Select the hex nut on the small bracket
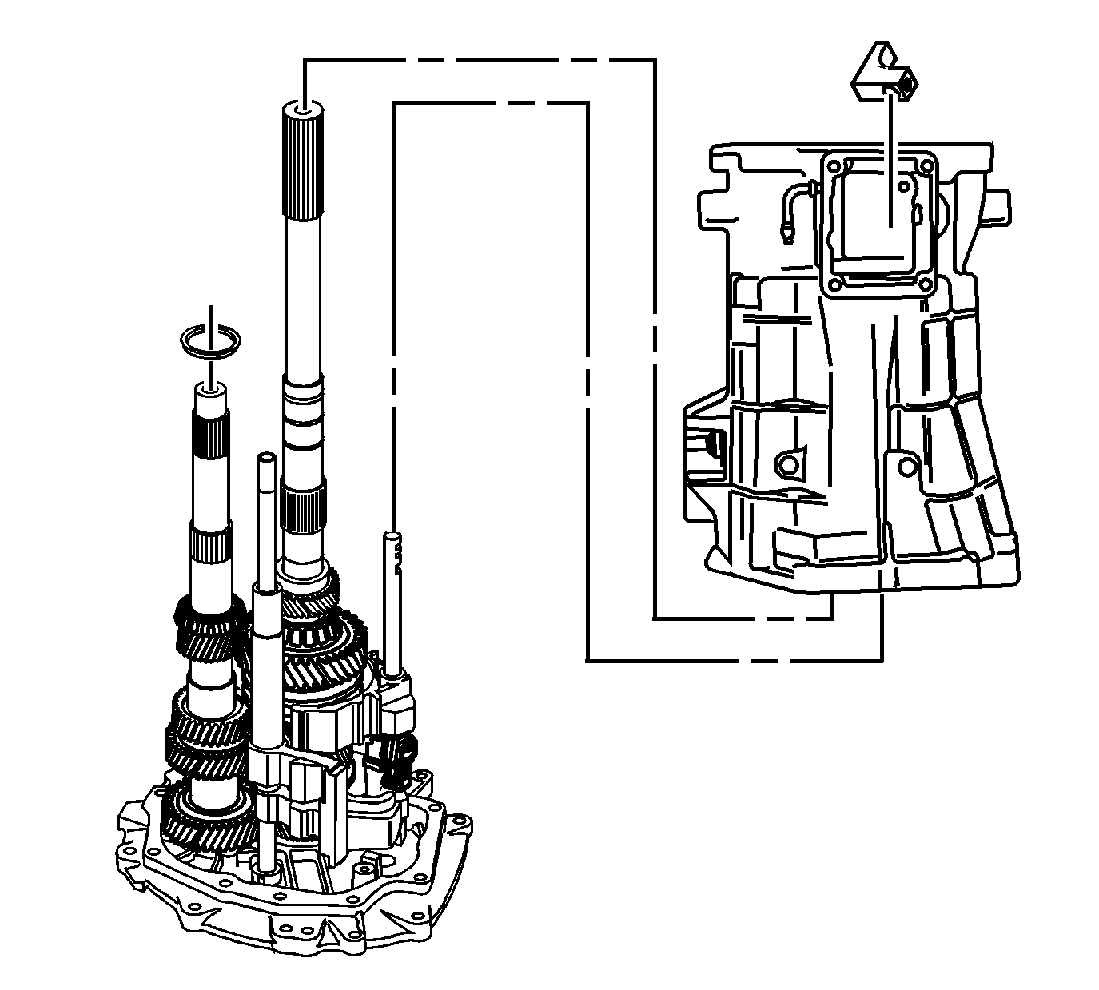click(905, 83)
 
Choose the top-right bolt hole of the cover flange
click(926, 165)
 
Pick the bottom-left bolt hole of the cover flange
click(835, 284)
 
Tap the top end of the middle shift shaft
click(265, 460)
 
